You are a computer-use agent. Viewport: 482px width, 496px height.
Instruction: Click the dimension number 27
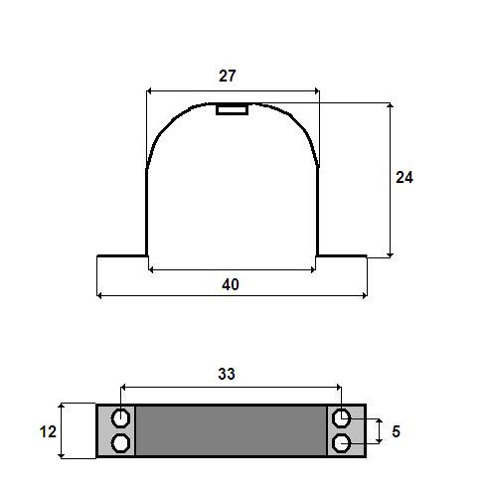click(228, 76)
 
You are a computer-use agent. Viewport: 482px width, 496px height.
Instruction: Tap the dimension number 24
click(404, 177)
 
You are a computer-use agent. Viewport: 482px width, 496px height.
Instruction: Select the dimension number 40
click(231, 284)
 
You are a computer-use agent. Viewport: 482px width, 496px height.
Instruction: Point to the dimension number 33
click(227, 374)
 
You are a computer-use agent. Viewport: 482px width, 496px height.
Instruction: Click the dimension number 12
click(48, 431)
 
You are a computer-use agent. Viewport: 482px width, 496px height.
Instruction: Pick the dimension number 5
click(396, 431)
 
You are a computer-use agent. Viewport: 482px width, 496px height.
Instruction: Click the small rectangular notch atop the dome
click(232, 109)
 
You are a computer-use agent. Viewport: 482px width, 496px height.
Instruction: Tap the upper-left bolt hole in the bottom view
click(120, 418)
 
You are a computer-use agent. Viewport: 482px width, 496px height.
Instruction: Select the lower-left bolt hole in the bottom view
click(120, 443)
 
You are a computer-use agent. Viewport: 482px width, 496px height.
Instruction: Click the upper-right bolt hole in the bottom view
click(341, 418)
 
